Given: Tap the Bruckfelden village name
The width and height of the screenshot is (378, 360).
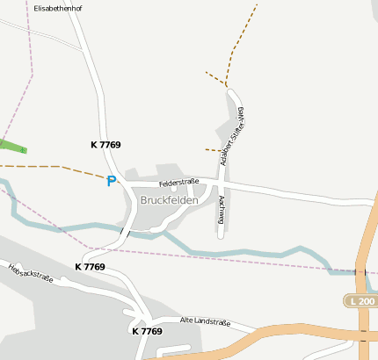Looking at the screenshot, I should click(x=169, y=200).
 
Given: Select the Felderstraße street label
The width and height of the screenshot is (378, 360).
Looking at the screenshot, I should click(x=179, y=183).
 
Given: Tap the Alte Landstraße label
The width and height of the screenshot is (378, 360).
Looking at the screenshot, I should click(x=205, y=323).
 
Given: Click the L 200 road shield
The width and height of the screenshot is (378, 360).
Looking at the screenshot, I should click(x=360, y=301).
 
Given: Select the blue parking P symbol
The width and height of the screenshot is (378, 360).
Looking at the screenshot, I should click(x=111, y=181).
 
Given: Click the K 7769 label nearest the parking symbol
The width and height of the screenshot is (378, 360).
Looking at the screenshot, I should click(x=105, y=145).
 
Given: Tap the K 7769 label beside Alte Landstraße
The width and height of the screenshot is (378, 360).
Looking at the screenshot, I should click(x=147, y=331).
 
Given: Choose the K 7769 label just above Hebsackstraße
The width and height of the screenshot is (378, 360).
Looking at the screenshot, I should click(x=90, y=266).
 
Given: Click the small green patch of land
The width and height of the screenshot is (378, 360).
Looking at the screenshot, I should click(x=12, y=146).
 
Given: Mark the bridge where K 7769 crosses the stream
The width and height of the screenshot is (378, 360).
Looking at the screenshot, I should click(x=126, y=232).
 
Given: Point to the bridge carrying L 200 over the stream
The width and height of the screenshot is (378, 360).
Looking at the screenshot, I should click(x=360, y=271).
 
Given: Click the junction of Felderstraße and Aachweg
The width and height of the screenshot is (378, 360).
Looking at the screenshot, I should click(x=222, y=187).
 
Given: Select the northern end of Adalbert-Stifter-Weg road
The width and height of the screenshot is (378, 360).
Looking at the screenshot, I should click(x=231, y=89).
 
